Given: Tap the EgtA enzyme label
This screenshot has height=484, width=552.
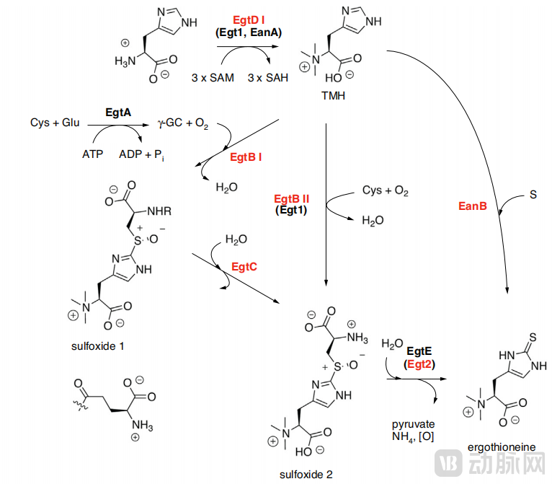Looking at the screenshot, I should point(118,112).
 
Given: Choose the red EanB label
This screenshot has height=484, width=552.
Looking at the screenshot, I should point(473,206).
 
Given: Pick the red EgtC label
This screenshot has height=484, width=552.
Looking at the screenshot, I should point(244,266).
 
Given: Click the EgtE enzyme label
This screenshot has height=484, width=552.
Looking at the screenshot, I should point(419,350).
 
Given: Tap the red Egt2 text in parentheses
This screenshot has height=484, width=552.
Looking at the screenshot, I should point(419,364).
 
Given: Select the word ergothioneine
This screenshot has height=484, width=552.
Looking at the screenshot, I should point(502,447).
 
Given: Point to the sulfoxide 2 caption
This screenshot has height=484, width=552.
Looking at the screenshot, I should point(306,474).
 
